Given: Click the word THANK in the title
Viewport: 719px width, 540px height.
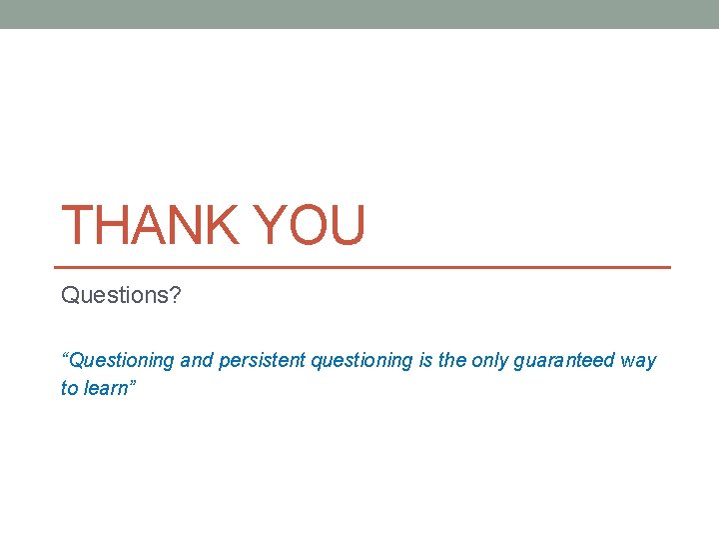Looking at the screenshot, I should pyautogui.click(x=151, y=225).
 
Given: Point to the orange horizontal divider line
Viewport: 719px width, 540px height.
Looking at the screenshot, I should pyautogui.click(x=365, y=267).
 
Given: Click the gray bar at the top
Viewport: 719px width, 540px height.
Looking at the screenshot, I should pyautogui.click(x=359, y=14).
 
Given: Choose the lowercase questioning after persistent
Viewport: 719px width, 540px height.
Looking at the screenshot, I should pyautogui.click(x=361, y=361).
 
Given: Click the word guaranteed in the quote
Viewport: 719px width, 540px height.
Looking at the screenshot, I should pyautogui.click(x=562, y=361).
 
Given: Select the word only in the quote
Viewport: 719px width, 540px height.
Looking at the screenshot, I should pyautogui.click(x=489, y=361).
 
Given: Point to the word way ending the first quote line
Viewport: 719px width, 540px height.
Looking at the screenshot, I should pyautogui.click(x=638, y=361).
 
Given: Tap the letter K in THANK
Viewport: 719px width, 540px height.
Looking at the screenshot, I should pyautogui.click(x=222, y=225).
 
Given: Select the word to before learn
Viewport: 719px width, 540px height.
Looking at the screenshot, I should pyautogui.click(x=69, y=388).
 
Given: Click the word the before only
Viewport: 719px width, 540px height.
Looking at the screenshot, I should pyautogui.click(x=452, y=361).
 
